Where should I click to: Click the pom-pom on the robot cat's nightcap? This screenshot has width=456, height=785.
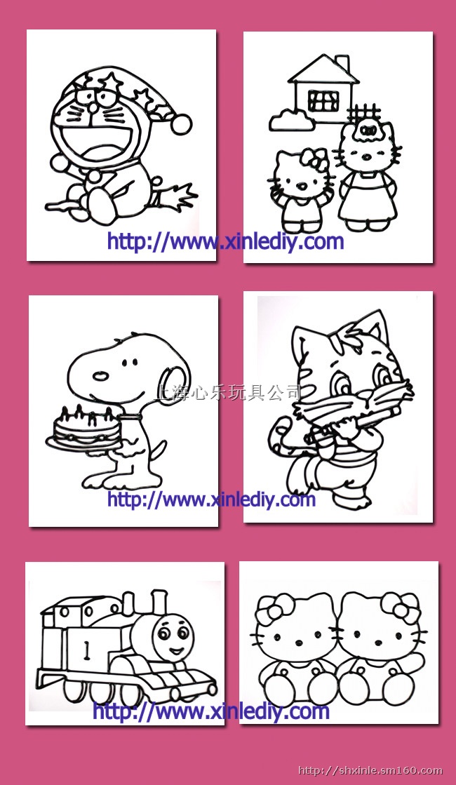[x=181, y=123]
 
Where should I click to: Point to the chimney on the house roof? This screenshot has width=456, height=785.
[x=343, y=64]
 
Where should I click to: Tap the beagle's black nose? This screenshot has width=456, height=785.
[x=101, y=375]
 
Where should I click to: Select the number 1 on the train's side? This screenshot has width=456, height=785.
[x=86, y=650]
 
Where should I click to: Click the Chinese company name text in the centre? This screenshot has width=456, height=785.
[x=229, y=393]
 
